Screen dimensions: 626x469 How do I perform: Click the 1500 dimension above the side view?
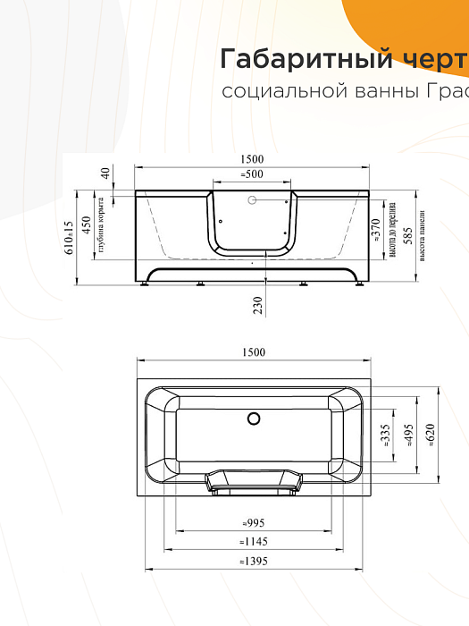[253, 159]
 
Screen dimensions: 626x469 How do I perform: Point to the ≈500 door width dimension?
[253, 173]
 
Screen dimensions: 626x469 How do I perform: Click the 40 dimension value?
[105, 173]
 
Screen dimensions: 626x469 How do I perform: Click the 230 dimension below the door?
[258, 306]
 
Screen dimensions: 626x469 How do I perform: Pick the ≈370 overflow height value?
[376, 231]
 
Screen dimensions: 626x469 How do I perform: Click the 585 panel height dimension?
[407, 236]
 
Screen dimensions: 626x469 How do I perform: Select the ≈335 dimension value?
[386, 436]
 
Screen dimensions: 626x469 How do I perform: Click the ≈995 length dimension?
[253, 523]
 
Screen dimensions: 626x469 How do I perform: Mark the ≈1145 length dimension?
[253, 541]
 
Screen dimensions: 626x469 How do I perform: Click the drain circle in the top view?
[253, 418]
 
